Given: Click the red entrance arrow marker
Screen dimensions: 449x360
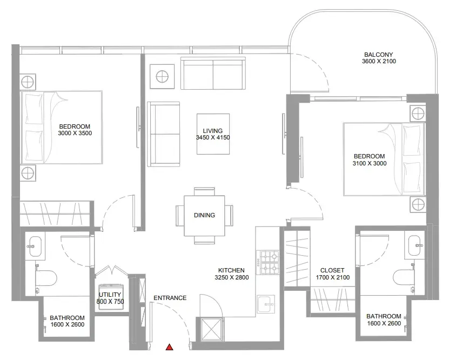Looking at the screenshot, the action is [170, 347].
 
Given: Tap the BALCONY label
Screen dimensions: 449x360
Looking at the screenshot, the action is [378, 55].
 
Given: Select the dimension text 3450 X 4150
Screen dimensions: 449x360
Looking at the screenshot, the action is [213, 137].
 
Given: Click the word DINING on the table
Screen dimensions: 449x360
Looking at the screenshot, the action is [204, 215].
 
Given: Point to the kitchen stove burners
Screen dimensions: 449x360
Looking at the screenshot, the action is [268, 262].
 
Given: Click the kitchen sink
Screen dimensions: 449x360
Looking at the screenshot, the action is [265, 304].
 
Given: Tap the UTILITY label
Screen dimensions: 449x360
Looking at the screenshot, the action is [110, 295].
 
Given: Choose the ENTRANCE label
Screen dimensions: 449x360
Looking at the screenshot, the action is [170, 298].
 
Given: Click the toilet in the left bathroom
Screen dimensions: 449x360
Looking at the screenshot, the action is [46, 278].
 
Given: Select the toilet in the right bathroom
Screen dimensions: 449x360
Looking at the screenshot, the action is [404, 277].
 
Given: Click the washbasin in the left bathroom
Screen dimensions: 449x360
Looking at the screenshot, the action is [35, 246].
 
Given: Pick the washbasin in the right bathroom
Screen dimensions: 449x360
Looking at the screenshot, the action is [414, 245].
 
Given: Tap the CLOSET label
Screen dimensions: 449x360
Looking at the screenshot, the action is [332, 270].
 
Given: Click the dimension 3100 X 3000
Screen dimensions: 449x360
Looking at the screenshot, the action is [370, 163].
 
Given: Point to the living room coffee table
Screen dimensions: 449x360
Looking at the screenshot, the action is [213, 134].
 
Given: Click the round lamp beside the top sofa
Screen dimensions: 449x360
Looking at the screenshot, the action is [162, 76].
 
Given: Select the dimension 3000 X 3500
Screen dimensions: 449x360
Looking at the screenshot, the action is [75, 133].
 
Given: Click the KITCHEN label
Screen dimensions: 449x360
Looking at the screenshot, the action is [231, 270].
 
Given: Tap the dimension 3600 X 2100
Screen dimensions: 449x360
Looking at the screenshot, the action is [379, 61].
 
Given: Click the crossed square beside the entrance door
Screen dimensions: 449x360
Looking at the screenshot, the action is [211, 330].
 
